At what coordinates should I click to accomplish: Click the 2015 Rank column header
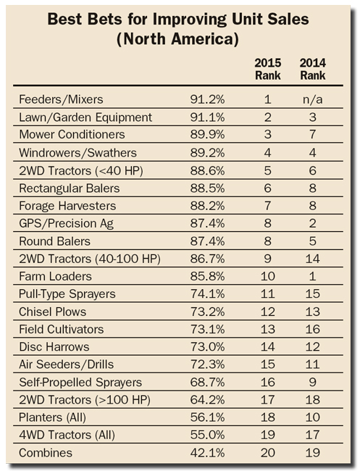point(268,69)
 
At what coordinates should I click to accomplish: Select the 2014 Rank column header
point(313,69)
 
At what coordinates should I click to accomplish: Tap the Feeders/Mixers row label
point(61,99)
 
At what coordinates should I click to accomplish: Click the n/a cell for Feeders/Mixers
point(313,99)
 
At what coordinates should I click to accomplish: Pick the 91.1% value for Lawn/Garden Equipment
point(207,117)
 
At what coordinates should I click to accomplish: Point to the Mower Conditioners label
point(72,134)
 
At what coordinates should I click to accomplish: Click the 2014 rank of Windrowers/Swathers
point(313,153)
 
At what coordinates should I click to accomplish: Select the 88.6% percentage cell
point(207,170)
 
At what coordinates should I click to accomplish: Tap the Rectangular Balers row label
point(69,188)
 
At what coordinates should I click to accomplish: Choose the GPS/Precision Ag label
point(66,223)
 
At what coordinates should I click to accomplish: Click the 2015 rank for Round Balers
point(267,241)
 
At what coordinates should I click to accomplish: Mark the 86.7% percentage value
point(207,259)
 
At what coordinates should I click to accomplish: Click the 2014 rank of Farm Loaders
point(313,276)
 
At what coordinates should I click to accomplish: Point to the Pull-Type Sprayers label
point(67,293)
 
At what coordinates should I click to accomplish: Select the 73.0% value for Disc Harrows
point(207,346)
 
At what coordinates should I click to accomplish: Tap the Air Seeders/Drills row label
point(66,364)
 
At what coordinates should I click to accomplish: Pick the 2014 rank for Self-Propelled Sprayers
point(313,382)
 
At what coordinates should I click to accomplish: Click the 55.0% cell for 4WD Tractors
point(207,435)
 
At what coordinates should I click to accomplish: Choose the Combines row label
point(46,453)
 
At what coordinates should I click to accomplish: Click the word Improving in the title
point(190,20)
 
